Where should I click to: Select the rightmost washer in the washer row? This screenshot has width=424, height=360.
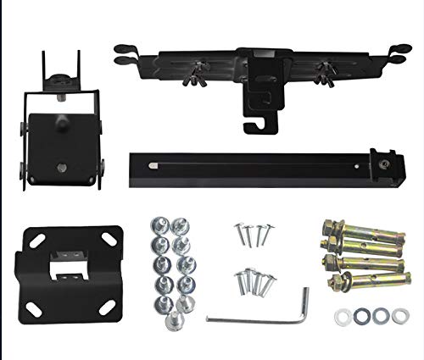click(397, 317)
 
